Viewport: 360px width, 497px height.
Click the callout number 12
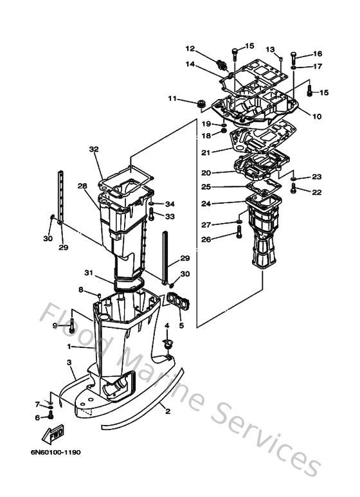(190, 48)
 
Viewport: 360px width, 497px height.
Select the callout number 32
(94, 149)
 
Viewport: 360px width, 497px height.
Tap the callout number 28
(82, 186)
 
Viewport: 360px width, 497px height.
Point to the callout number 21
(206, 152)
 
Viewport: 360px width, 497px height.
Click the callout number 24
(206, 203)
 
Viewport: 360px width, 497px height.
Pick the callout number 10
(317, 116)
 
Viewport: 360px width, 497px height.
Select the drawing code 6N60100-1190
(55, 452)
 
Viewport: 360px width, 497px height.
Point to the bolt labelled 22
(294, 188)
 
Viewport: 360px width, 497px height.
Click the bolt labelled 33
(151, 214)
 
